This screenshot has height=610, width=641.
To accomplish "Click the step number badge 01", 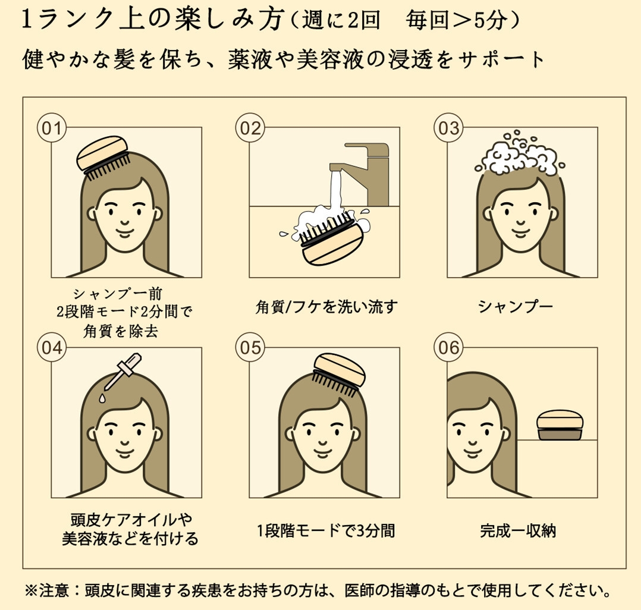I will pyautogui.click(x=52, y=128).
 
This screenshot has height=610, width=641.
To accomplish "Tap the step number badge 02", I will pyautogui.click(x=250, y=128).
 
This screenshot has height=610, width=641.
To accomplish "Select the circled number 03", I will pyautogui.click(x=449, y=128).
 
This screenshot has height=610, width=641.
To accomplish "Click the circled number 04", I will pyautogui.click(x=52, y=348).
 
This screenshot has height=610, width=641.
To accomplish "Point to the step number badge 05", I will pyautogui.click(x=250, y=348).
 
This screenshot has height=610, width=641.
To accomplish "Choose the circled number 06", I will pyautogui.click(x=449, y=348).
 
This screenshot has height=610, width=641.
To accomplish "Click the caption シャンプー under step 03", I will pyautogui.click(x=516, y=306).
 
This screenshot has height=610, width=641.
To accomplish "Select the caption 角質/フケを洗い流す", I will pyautogui.click(x=325, y=307).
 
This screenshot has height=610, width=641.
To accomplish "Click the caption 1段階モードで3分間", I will pyautogui.click(x=326, y=530).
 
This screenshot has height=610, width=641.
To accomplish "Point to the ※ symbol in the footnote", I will pyautogui.click(x=31, y=591).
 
